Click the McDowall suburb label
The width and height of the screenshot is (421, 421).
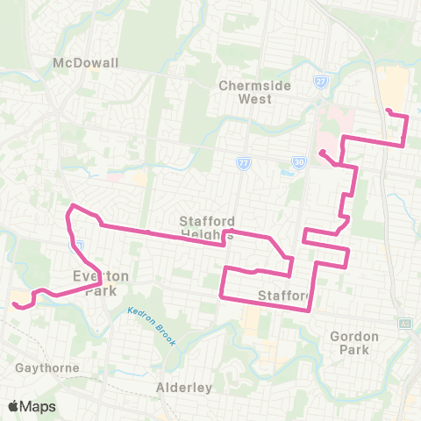click(x=85, y=64)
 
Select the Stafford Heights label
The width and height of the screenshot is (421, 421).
click(x=207, y=227)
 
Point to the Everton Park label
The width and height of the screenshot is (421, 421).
click(x=101, y=282)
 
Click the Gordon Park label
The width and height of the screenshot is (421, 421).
click(x=354, y=342)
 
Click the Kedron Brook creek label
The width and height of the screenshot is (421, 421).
click(x=140, y=316)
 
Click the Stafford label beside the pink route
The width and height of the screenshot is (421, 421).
click(x=282, y=295)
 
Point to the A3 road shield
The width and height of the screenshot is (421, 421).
click(x=404, y=323)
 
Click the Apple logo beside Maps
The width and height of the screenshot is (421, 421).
click(x=13, y=407)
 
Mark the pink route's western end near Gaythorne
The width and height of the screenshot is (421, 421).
click(x=15, y=305)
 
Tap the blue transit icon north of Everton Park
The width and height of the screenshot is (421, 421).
click(x=78, y=246)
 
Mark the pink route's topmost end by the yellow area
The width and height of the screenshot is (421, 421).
click(x=387, y=110)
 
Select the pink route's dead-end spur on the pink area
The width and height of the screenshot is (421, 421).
click(x=321, y=153)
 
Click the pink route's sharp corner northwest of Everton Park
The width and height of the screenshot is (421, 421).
click(x=71, y=208)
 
